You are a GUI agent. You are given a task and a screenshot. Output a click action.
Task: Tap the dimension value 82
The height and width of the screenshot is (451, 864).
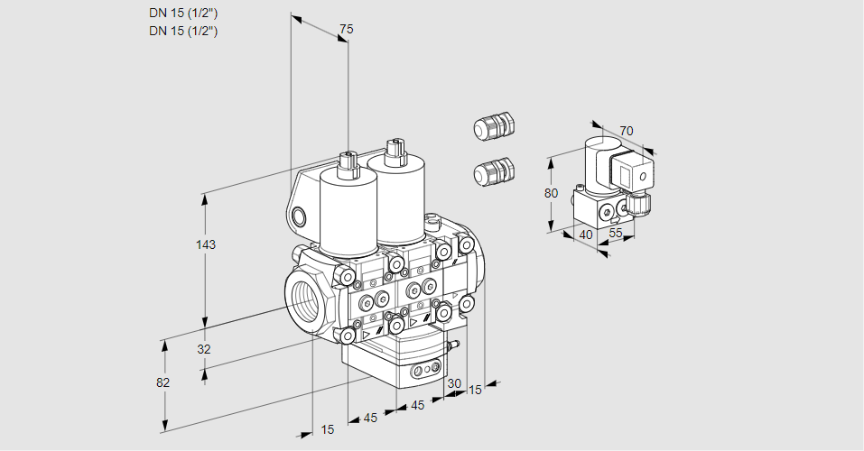(x=163, y=382)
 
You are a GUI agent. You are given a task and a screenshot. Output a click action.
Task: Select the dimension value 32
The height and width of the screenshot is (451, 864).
(x=203, y=349)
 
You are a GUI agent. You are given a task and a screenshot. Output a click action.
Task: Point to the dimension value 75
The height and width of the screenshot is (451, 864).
(x=345, y=30)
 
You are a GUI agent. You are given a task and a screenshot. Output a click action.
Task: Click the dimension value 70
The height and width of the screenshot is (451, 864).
(x=627, y=131)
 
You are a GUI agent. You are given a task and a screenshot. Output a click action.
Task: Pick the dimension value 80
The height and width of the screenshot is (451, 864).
(x=553, y=193)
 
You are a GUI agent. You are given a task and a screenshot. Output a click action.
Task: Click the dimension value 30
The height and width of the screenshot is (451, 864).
(x=454, y=383)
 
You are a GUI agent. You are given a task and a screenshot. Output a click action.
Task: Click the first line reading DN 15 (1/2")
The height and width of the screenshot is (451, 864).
(x=184, y=13)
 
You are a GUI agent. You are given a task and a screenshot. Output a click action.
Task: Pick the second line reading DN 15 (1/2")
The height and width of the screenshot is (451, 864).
(x=184, y=31)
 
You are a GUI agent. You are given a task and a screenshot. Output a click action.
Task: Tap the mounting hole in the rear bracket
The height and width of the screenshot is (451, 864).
(x=299, y=216)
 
